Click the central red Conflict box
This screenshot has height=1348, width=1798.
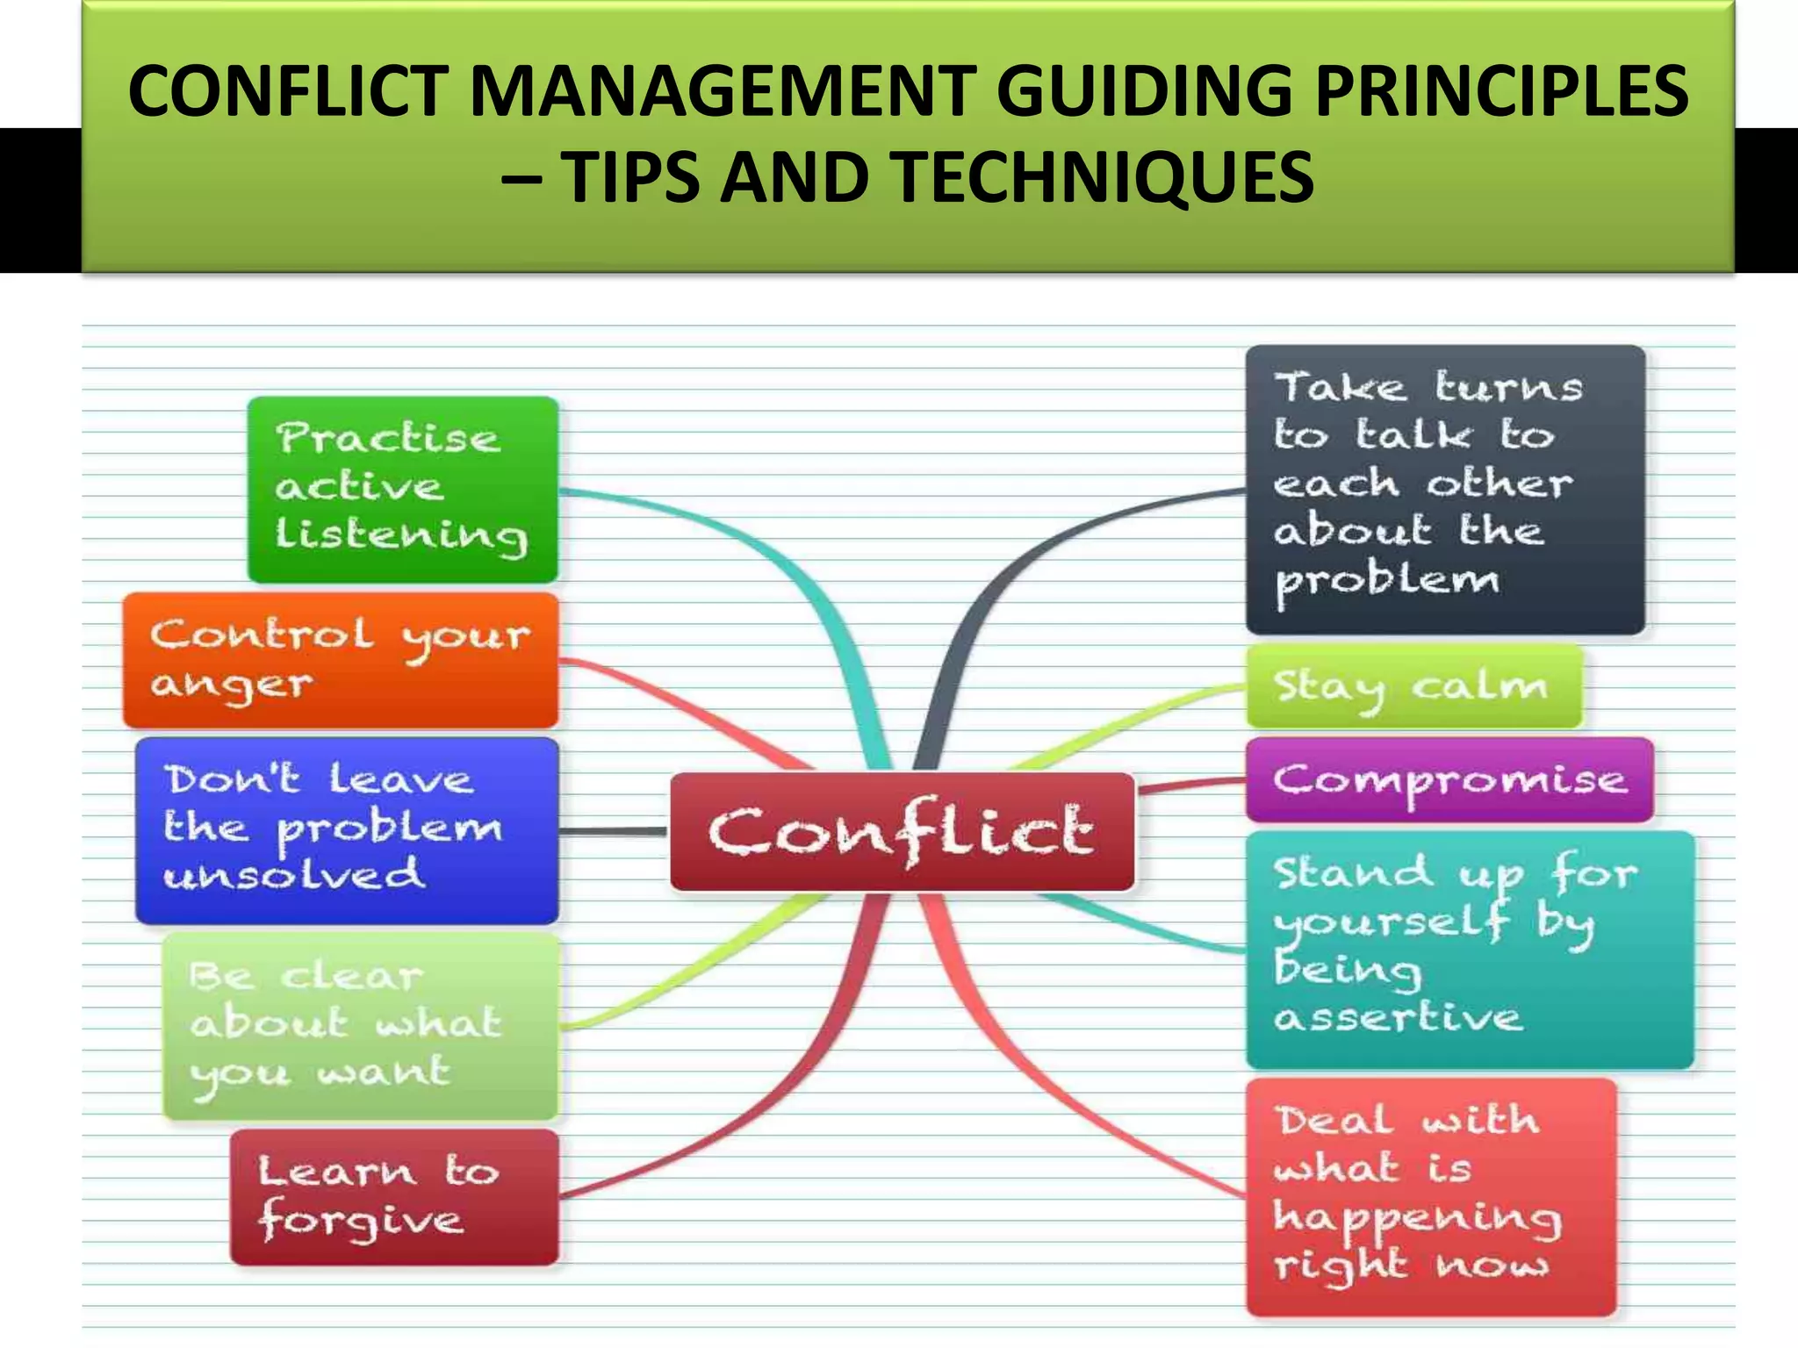point(902,831)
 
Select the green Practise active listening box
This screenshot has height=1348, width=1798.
point(403,489)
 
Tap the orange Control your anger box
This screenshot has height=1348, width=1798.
point(341,660)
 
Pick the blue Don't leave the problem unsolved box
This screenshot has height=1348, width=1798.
point(347,829)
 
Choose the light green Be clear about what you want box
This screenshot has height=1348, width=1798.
point(361,1026)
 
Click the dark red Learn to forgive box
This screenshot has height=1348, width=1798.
point(394,1196)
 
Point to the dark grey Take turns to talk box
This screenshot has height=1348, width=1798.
point(1444,489)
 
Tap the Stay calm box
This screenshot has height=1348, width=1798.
point(1413,686)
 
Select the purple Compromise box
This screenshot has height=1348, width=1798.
point(1449,779)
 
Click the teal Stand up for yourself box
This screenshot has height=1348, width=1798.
point(1469,949)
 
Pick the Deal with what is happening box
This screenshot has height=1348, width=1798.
point(1430,1196)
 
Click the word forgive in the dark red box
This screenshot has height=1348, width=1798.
point(361,1221)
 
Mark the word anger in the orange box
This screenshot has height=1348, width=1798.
point(231,685)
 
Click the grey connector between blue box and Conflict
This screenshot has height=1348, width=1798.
point(614,830)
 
